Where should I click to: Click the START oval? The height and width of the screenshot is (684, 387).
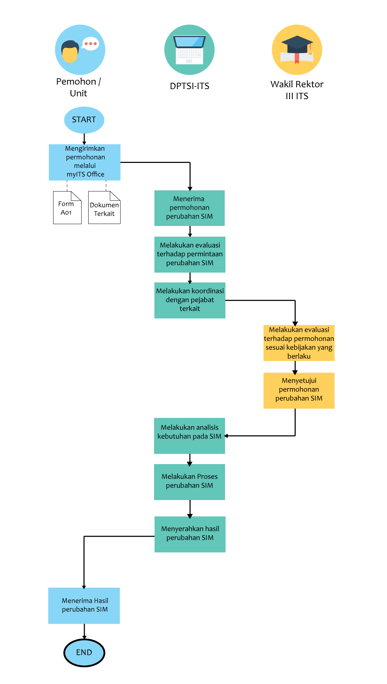tap(84, 120)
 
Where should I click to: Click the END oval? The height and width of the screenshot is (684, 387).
tap(84, 653)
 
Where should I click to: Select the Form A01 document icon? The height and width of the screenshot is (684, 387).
tap(67, 208)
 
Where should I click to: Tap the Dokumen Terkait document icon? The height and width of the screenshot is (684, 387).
tap(104, 208)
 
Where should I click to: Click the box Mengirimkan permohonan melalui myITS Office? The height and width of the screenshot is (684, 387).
tap(85, 162)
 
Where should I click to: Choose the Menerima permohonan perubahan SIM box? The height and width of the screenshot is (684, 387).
tap(189, 208)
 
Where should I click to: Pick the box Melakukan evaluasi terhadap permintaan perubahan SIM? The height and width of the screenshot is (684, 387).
tap(190, 254)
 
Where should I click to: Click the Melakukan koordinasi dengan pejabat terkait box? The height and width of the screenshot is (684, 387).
tap(190, 300)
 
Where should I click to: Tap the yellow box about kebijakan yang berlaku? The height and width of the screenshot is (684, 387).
tap(299, 343)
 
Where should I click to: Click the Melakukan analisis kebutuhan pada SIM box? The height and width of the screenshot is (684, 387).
tap(189, 436)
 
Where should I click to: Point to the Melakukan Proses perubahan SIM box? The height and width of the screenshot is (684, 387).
tap(189, 482)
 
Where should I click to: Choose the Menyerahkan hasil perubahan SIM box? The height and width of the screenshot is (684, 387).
tap(190, 534)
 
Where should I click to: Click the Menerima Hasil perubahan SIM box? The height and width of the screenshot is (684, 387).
tap(84, 606)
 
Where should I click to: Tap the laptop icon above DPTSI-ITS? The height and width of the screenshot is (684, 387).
tap(189, 50)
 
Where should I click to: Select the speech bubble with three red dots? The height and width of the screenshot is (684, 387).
tap(90, 44)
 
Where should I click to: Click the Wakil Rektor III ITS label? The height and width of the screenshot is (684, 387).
tap(297, 90)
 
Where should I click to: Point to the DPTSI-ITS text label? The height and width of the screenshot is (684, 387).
tap(189, 86)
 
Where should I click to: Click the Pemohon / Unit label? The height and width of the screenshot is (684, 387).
tap(78, 87)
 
